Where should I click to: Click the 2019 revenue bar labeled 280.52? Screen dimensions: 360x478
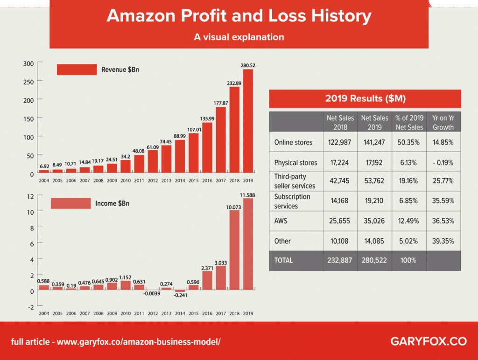[x=248, y=121]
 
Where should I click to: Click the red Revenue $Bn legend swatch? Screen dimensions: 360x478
[x=76, y=70]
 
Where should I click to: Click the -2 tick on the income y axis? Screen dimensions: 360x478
[x=31, y=307]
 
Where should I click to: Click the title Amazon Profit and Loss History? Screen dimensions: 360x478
[x=239, y=16]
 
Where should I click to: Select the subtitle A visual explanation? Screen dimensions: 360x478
[x=239, y=37]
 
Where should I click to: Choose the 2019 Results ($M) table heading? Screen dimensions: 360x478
[x=365, y=99]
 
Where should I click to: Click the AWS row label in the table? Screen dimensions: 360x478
[x=282, y=221]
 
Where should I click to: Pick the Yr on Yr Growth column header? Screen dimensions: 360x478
[x=443, y=123]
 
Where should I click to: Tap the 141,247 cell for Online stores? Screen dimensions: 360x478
[x=374, y=142]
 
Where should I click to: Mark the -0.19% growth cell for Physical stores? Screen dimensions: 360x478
[x=443, y=163]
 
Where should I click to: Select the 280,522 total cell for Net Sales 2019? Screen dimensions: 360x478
[x=374, y=260]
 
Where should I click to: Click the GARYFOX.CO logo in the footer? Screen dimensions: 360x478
[x=428, y=341]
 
